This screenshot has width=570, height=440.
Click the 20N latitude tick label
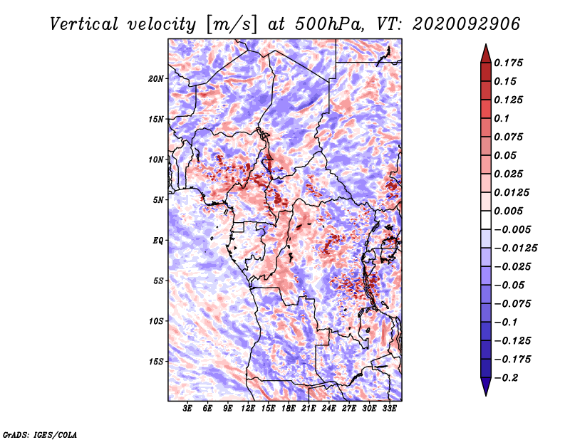(156, 79)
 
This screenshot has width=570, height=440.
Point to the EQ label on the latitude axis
(157, 241)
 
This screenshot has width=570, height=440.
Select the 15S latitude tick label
(156, 362)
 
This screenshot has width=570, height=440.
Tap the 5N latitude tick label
(157, 200)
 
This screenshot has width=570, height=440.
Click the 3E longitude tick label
(187, 409)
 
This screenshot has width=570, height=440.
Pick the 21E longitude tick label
(309, 409)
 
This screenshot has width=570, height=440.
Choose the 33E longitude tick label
(389, 409)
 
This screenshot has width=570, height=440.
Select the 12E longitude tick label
(247, 409)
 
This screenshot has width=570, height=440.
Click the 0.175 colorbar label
(508, 63)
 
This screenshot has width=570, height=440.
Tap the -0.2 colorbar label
(506, 377)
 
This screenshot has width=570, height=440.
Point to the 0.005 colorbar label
(508, 211)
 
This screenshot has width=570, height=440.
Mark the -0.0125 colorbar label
(515, 248)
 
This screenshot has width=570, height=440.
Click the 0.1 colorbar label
(502, 118)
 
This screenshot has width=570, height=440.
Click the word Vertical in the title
(84, 24)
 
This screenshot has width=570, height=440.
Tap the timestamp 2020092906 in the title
(467, 24)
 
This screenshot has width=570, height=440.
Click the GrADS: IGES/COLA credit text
(40, 434)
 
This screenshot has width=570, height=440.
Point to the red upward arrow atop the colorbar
(486, 54)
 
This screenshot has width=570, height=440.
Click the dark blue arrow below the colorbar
(486, 386)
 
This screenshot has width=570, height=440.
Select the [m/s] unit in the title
(231, 24)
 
